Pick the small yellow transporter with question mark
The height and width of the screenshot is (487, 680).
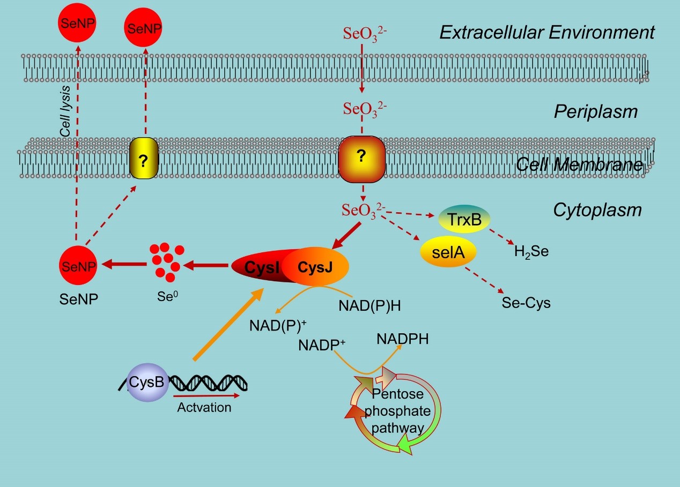(x=144, y=159)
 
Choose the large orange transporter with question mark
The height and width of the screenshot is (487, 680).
(x=361, y=158)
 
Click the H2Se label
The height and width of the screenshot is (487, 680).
(x=531, y=251)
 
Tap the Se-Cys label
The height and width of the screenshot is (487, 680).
(x=526, y=303)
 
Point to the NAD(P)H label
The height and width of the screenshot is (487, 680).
(x=369, y=306)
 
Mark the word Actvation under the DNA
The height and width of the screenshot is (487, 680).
(x=204, y=407)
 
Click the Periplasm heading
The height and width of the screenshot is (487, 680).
(x=595, y=112)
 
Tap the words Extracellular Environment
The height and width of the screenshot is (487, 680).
(x=547, y=32)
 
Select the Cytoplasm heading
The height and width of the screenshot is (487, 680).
(x=597, y=209)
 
